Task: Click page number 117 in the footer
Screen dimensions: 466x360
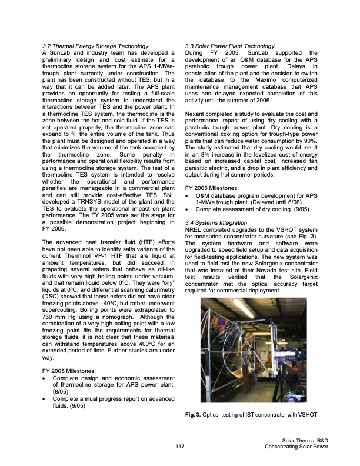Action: [180, 447]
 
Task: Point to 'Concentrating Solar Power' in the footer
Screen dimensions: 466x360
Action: [296, 447]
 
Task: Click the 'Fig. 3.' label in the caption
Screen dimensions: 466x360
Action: [193, 416]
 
